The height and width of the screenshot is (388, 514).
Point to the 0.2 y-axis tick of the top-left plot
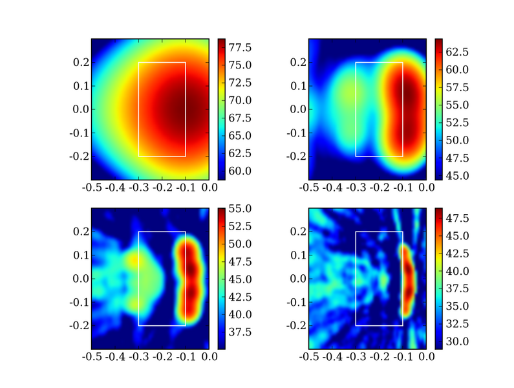pyautogui.click(x=81, y=62)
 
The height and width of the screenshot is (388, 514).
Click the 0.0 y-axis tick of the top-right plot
pyautogui.click(x=298, y=109)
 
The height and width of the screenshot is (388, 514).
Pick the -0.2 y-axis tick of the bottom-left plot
pyautogui.click(x=79, y=325)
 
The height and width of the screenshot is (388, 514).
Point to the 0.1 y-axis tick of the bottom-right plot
pyautogui.click(x=298, y=255)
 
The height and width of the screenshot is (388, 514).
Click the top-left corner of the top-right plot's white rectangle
pyautogui.click(x=356, y=62)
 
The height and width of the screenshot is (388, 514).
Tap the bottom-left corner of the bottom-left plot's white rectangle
pyautogui.click(x=138, y=325)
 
